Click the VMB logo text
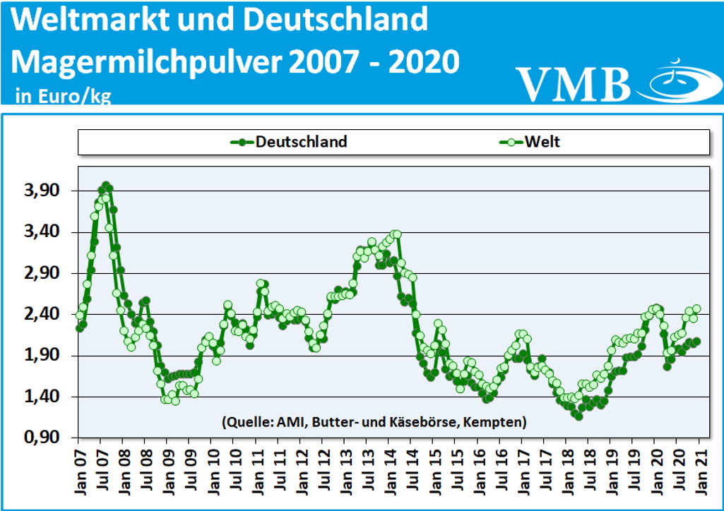(x=573, y=83)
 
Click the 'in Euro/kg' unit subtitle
(x=63, y=97)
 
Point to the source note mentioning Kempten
(x=374, y=423)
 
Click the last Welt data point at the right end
(x=696, y=308)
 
